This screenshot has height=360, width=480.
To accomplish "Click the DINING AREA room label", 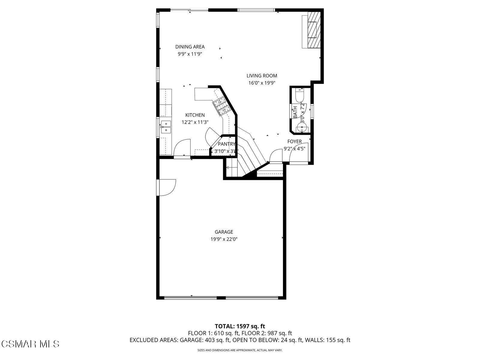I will click(190, 47).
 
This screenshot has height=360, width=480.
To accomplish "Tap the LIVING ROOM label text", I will click(262, 76).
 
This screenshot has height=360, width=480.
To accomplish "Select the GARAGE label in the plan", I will click(224, 232).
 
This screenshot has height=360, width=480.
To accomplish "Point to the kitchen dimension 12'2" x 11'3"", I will click(195, 122).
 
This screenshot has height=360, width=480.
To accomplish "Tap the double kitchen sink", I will click(165, 127).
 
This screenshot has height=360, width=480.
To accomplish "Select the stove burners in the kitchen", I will click(221, 107).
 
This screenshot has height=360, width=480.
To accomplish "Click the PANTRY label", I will click(226, 144).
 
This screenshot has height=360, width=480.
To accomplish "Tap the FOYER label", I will click(294, 142).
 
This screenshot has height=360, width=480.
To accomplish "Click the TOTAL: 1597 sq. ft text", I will click(240, 326).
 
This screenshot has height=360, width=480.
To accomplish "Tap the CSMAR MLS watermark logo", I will click(30, 344).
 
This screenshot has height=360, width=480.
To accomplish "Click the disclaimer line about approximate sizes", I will click(240, 350).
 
